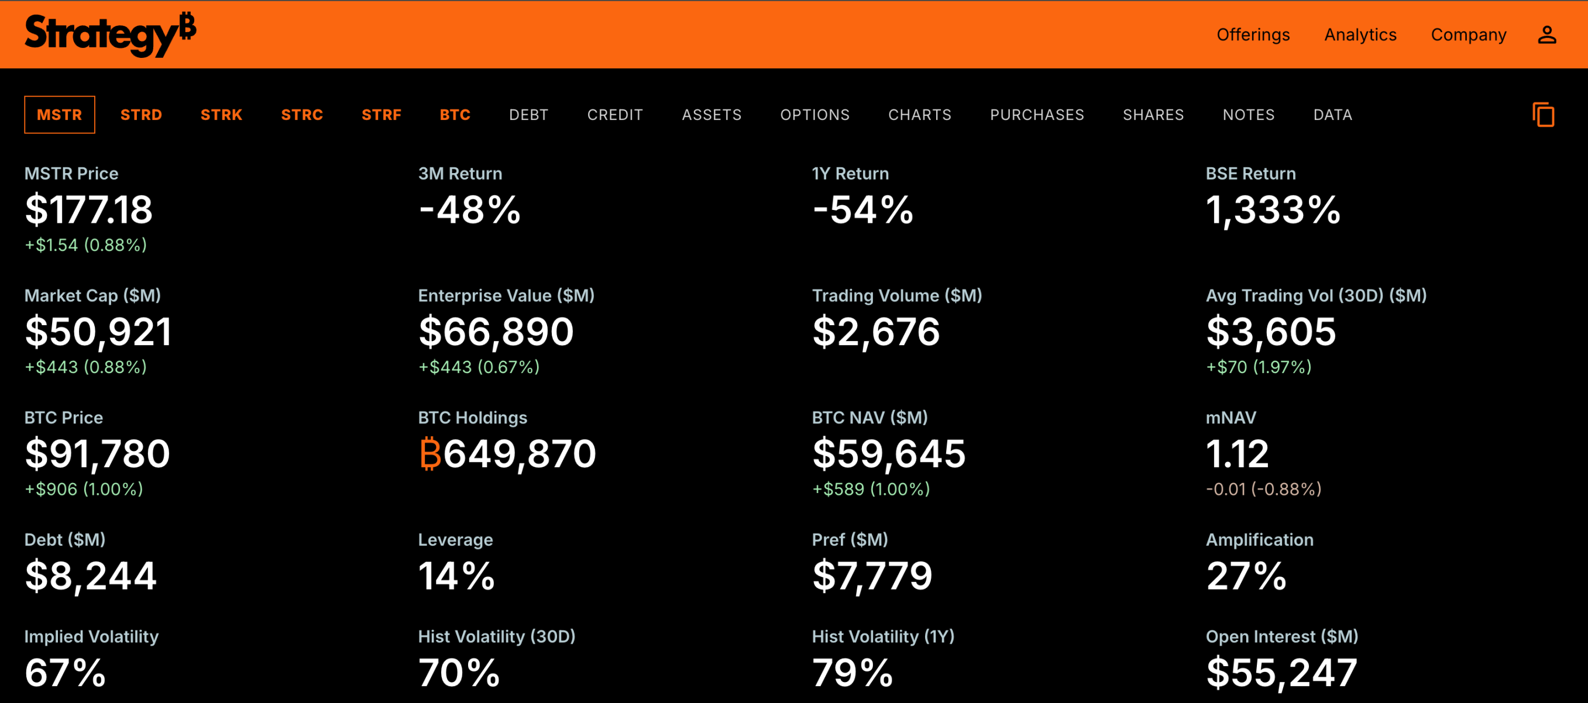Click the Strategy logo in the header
(x=110, y=35)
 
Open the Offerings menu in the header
(x=1253, y=35)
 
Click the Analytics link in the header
(x=1360, y=35)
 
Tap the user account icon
(x=1546, y=35)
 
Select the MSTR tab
(x=59, y=115)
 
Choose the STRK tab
(x=221, y=115)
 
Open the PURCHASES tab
(x=1037, y=115)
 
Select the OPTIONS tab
(x=814, y=115)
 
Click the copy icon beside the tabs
(x=1543, y=115)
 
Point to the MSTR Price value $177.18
(x=89, y=209)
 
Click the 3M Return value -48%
(x=470, y=209)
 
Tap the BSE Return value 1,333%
(x=1273, y=209)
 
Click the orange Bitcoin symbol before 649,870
(x=429, y=453)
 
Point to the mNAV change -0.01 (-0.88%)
(x=1263, y=489)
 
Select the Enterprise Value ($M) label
(x=506, y=296)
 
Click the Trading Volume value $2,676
(x=876, y=332)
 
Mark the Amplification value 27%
(x=1246, y=576)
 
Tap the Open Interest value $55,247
(x=1281, y=672)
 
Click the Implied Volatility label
(x=91, y=636)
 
